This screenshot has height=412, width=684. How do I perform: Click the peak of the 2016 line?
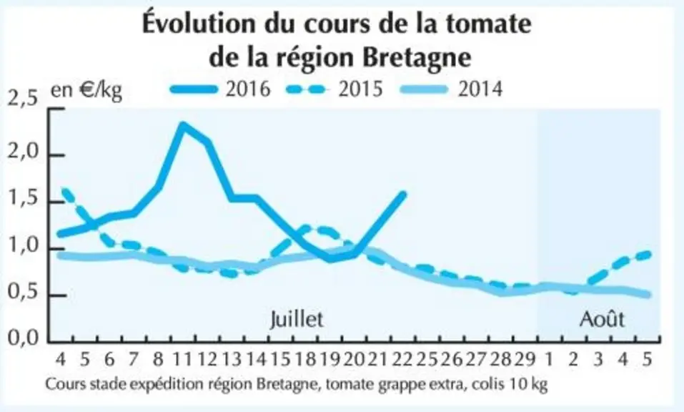click(184, 125)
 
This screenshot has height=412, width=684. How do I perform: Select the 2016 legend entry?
click(220, 89)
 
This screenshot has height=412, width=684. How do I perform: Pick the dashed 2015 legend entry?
click(334, 89)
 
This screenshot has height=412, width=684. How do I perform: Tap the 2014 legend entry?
click(452, 89)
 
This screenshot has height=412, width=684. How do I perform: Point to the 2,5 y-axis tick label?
click(22, 99)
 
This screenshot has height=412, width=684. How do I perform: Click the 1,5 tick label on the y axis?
click(22, 202)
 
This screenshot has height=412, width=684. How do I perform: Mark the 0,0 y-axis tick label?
click(22, 338)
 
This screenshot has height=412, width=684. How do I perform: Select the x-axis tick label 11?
click(183, 359)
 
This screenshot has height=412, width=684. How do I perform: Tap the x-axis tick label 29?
click(525, 359)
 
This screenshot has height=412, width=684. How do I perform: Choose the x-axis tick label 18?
click(305, 359)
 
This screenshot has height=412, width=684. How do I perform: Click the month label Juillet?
click(297, 320)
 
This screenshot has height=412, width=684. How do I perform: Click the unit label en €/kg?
click(86, 90)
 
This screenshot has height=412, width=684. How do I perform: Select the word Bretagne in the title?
click(417, 57)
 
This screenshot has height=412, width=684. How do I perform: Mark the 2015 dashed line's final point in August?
click(649, 254)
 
